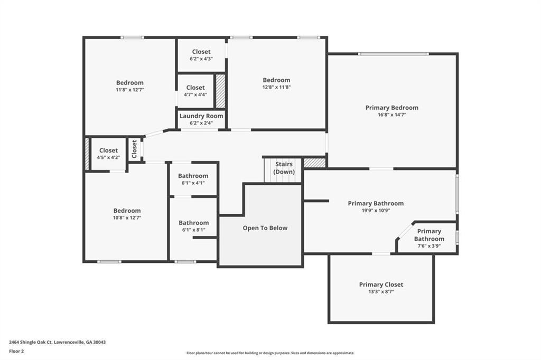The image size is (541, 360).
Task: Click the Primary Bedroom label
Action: tap(391, 108)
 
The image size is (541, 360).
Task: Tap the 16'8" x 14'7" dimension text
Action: tap(391, 115)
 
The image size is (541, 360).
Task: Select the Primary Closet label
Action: tap(381, 285)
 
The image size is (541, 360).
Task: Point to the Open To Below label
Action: tap(265, 228)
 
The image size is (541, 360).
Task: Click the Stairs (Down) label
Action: tap(284, 168)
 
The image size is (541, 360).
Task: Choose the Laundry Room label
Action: tap(201, 116)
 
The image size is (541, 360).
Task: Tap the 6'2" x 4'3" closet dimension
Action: tap(201, 59)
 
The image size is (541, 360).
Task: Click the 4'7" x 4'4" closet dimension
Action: tap(195, 94)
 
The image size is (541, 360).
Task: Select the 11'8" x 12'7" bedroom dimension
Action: tap(130, 90)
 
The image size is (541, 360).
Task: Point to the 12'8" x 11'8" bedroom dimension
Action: tap(276, 87)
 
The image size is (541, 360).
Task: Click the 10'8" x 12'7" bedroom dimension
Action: tap(127, 217)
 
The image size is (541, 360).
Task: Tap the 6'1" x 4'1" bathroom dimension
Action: tap(193, 183)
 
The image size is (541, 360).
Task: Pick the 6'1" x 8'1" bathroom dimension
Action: tap(193, 230)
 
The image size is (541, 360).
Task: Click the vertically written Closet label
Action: tap(134, 149)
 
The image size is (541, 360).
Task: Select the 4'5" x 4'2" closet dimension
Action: tap(108, 157)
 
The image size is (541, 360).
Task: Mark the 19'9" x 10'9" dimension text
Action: tap(376, 210)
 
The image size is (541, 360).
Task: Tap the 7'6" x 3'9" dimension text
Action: tap(429, 246)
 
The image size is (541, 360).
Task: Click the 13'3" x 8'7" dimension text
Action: tap(381, 291)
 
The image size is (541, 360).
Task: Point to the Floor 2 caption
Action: tap(16, 352)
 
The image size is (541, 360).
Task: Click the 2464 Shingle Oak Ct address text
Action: tap(57, 343)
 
